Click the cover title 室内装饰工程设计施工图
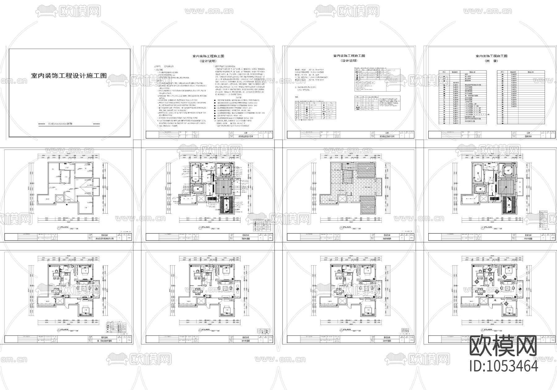click(69, 76)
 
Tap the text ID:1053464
click(504, 366)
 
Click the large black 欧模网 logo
click(503, 346)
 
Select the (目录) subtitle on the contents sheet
click(491, 61)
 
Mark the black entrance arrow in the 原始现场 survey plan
click(68, 204)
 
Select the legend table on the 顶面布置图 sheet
click(261, 225)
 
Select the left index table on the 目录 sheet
click(463, 97)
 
